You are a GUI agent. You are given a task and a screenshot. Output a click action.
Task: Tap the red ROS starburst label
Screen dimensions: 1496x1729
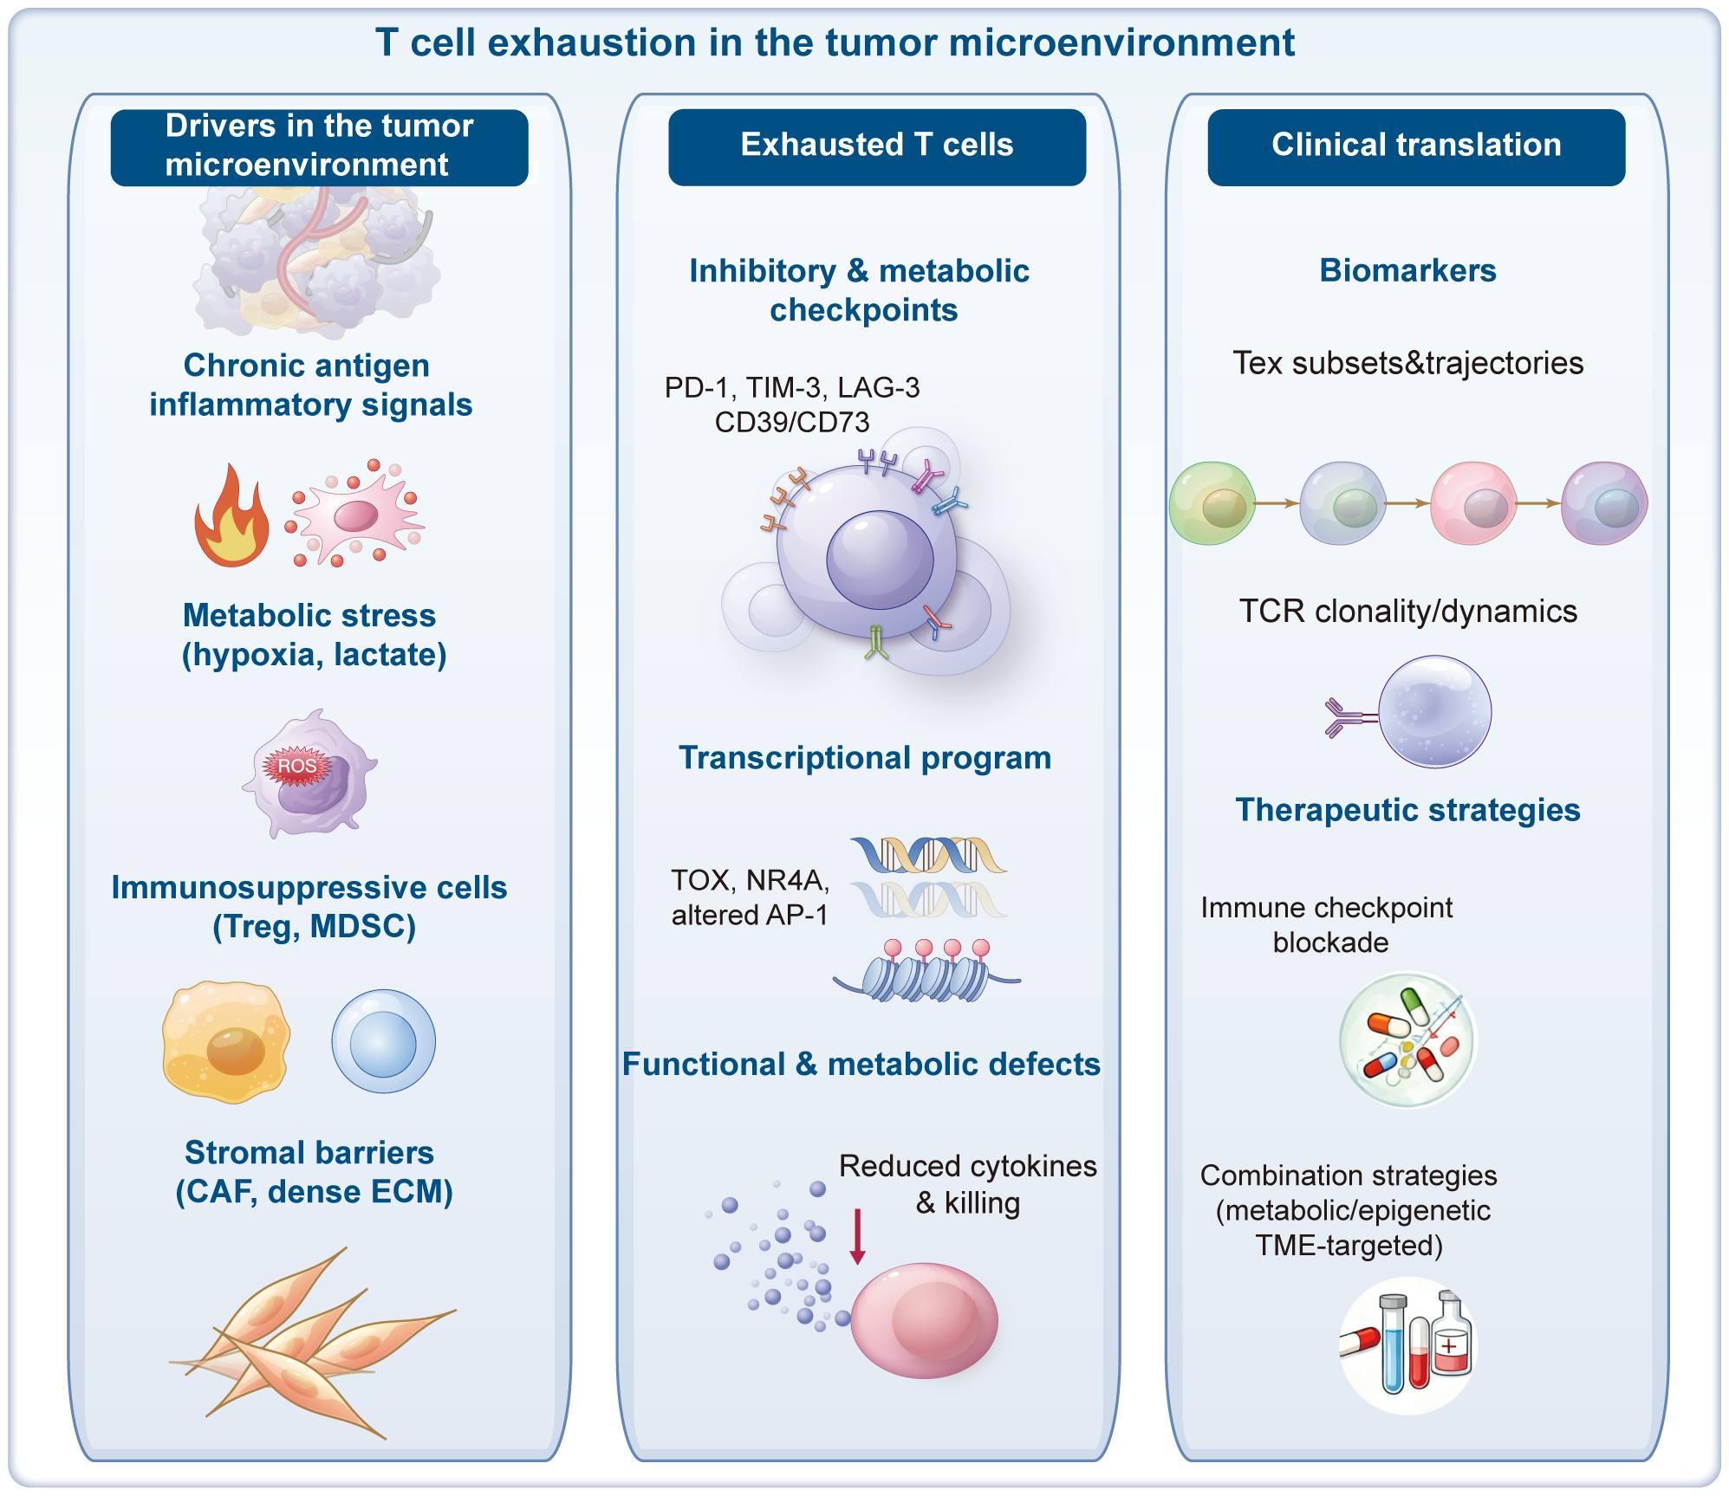click(x=297, y=766)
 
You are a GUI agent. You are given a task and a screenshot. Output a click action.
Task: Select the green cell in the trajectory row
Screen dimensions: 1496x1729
click(x=1212, y=503)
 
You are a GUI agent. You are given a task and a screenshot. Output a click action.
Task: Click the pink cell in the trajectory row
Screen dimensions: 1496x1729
click(x=1473, y=503)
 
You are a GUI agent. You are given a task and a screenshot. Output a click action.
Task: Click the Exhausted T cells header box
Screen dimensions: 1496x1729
click(x=876, y=146)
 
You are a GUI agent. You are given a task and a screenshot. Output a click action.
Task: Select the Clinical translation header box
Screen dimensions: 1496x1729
click(x=1415, y=146)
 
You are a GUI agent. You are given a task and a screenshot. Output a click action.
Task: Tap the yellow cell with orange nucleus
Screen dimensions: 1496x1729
click(x=225, y=1041)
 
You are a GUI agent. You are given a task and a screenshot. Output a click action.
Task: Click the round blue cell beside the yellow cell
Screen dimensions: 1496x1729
click(x=383, y=1041)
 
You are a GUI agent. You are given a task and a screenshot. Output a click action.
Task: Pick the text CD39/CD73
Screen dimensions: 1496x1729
click(x=791, y=422)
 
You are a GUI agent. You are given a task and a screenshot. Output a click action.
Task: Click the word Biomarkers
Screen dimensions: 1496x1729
click(x=1407, y=270)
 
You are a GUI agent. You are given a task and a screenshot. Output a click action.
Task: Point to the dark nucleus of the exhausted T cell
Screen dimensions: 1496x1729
click(x=879, y=560)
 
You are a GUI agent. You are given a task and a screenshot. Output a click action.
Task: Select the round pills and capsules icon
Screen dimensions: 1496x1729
click(x=1407, y=1039)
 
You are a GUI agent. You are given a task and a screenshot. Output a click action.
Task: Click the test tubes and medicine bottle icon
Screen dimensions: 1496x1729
click(x=1407, y=1344)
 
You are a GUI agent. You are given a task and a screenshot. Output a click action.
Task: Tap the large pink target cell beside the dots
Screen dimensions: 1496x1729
click(x=924, y=1319)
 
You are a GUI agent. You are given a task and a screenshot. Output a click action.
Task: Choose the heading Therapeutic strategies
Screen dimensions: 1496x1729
click(x=1407, y=810)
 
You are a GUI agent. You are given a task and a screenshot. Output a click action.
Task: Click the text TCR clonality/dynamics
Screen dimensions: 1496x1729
click(x=1407, y=612)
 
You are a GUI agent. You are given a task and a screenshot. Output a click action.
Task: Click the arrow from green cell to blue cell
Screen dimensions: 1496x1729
click(x=1276, y=503)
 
